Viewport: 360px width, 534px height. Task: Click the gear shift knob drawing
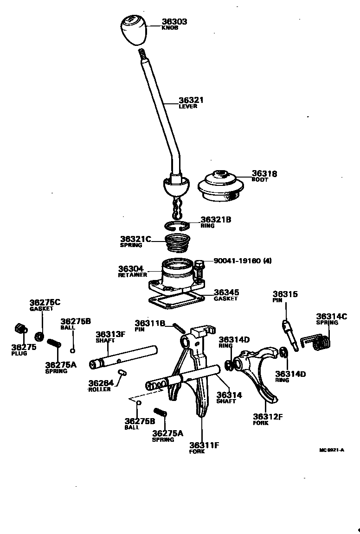(x=134, y=30)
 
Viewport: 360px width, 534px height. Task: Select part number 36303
(x=174, y=21)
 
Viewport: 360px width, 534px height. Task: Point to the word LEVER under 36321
(x=188, y=106)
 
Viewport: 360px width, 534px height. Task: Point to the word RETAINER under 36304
(x=132, y=275)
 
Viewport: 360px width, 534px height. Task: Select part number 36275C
(x=45, y=302)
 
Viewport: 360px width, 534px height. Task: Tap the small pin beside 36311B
(x=180, y=327)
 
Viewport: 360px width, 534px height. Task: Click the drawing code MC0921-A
(x=331, y=450)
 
